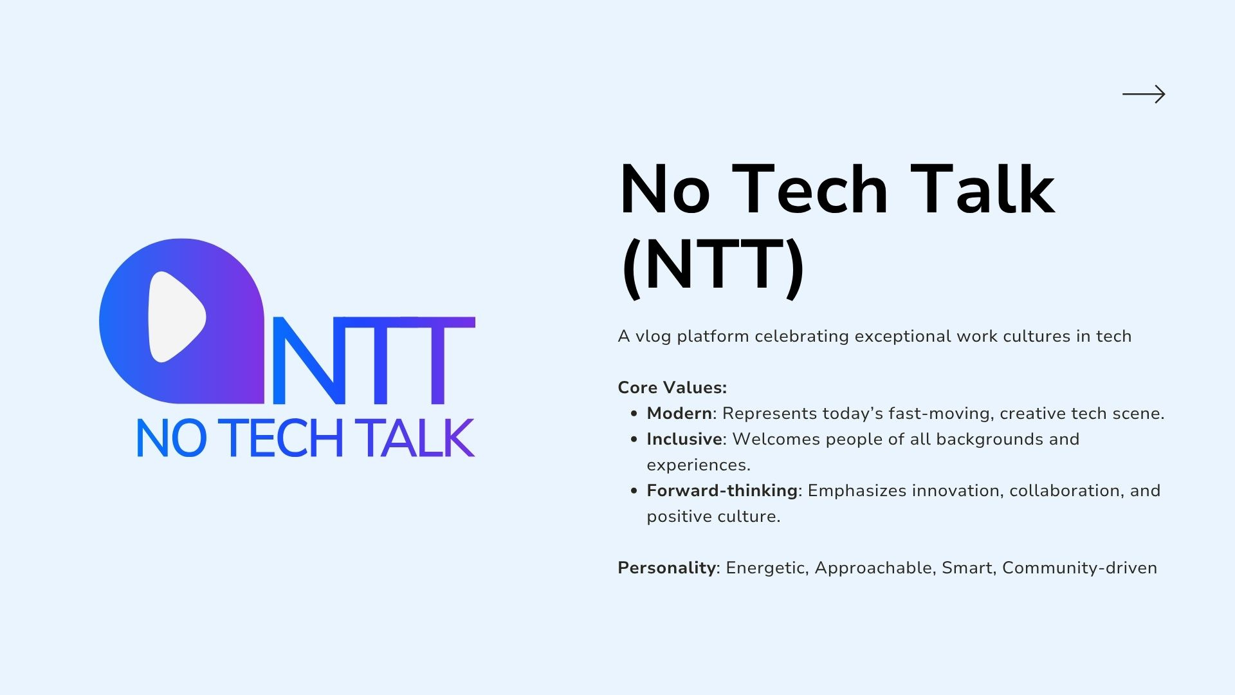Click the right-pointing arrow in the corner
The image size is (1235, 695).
coord(1144,95)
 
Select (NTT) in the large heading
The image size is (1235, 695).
coord(713,265)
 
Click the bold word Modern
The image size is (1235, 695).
coord(679,413)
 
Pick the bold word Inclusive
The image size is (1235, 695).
coord(684,439)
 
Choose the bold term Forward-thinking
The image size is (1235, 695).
coord(722,490)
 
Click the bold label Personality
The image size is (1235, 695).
coord(666,568)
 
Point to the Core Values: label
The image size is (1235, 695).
coord(672,387)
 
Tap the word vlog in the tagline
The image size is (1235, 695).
coord(654,337)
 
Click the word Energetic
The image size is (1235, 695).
coord(765,568)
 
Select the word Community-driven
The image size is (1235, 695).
coord(1079,568)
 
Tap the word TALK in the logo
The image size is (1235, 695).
coord(417,438)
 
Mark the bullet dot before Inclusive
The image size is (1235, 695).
coord(634,440)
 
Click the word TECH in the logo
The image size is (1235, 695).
coord(284,438)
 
